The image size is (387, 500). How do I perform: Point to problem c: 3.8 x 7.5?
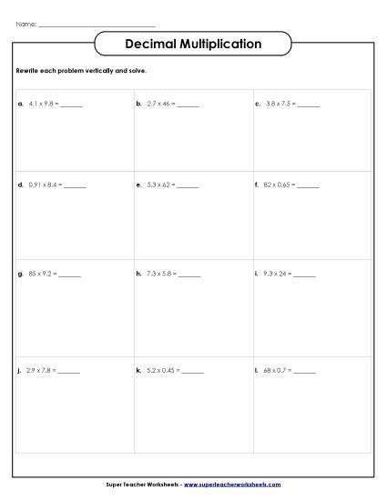coord(280,105)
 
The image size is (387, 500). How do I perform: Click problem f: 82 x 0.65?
coord(280,185)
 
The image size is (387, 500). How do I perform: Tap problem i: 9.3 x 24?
coord(279,274)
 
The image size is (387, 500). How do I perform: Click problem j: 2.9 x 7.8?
coord(42,371)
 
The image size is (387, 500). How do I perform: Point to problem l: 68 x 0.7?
coord(279,371)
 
